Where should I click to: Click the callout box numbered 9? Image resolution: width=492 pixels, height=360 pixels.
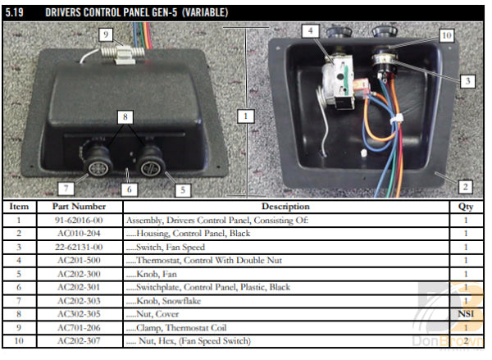tap(106, 34)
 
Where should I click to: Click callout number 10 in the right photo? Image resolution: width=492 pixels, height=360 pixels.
tap(446, 36)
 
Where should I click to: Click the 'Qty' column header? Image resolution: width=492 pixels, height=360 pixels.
tap(465, 207)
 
